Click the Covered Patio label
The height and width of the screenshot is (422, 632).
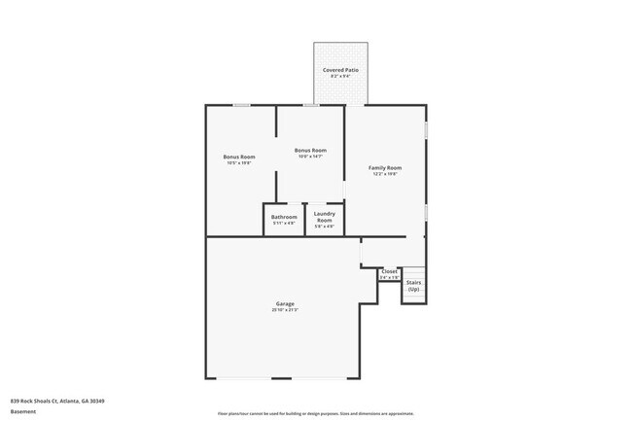(x=340, y=71)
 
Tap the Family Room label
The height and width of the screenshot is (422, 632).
(x=384, y=168)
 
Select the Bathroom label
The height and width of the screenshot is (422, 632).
(x=284, y=217)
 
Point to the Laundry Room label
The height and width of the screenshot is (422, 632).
(x=324, y=216)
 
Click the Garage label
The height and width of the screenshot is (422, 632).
(x=284, y=303)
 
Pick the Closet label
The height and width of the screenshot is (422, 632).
(x=389, y=271)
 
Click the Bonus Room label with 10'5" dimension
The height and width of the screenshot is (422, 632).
(x=238, y=157)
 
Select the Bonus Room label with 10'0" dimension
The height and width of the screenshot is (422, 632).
(x=310, y=151)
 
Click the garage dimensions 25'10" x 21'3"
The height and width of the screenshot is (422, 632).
(x=284, y=310)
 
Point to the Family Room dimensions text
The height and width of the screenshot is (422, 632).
(x=384, y=175)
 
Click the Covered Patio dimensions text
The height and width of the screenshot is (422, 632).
(x=340, y=78)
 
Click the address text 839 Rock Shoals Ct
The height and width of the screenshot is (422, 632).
(x=57, y=400)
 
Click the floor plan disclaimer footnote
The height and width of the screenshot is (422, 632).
(x=315, y=412)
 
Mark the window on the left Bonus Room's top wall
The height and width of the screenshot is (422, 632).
(x=242, y=105)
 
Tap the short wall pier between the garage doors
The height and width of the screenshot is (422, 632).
(x=281, y=378)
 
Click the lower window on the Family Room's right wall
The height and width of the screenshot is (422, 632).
(x=425, y=210)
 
